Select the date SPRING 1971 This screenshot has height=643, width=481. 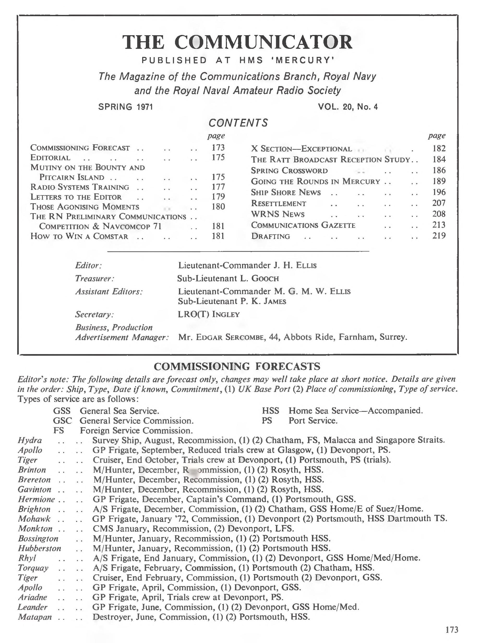coord(125,107)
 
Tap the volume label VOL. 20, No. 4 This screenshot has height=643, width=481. coord(348,107)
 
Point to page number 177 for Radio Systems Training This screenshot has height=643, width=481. coord(218,187)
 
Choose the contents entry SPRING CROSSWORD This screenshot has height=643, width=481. coord(289,171)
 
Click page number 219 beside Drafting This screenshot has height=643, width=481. coord(439,236)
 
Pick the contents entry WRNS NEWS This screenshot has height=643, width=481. coord(278,214)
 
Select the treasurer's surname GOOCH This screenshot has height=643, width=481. coord(265,278)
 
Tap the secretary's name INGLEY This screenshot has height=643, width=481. coord(226,314)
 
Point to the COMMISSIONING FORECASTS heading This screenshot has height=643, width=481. coord(237,366)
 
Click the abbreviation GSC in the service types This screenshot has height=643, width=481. coord(62,421)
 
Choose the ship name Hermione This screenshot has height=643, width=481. coord(36,499)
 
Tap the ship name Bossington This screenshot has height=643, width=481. coord(38,539)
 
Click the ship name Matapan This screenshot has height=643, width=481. coord(35,617)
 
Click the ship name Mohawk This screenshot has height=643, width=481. coord(34,519)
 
